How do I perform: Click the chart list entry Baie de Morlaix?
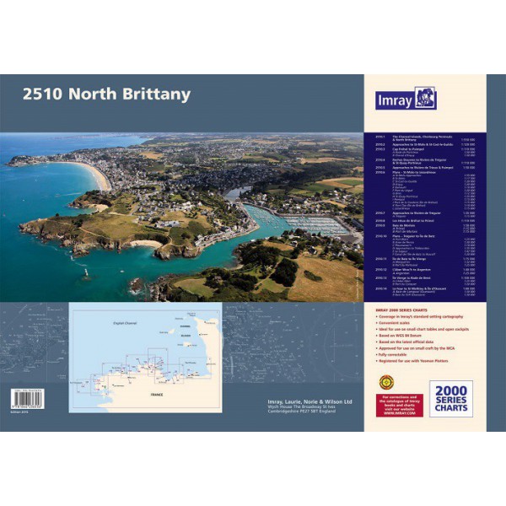point(398,225)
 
